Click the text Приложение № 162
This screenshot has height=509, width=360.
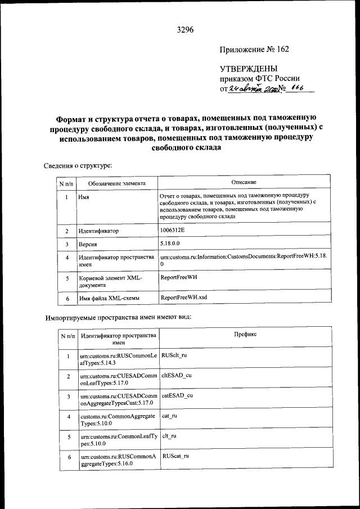(254, 49)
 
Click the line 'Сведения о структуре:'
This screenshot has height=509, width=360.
(78, 165)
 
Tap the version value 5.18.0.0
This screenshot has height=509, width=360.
(173, 244)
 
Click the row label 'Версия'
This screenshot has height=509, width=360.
(88, 245)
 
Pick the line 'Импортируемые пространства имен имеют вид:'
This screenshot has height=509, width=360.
(118, 317)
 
